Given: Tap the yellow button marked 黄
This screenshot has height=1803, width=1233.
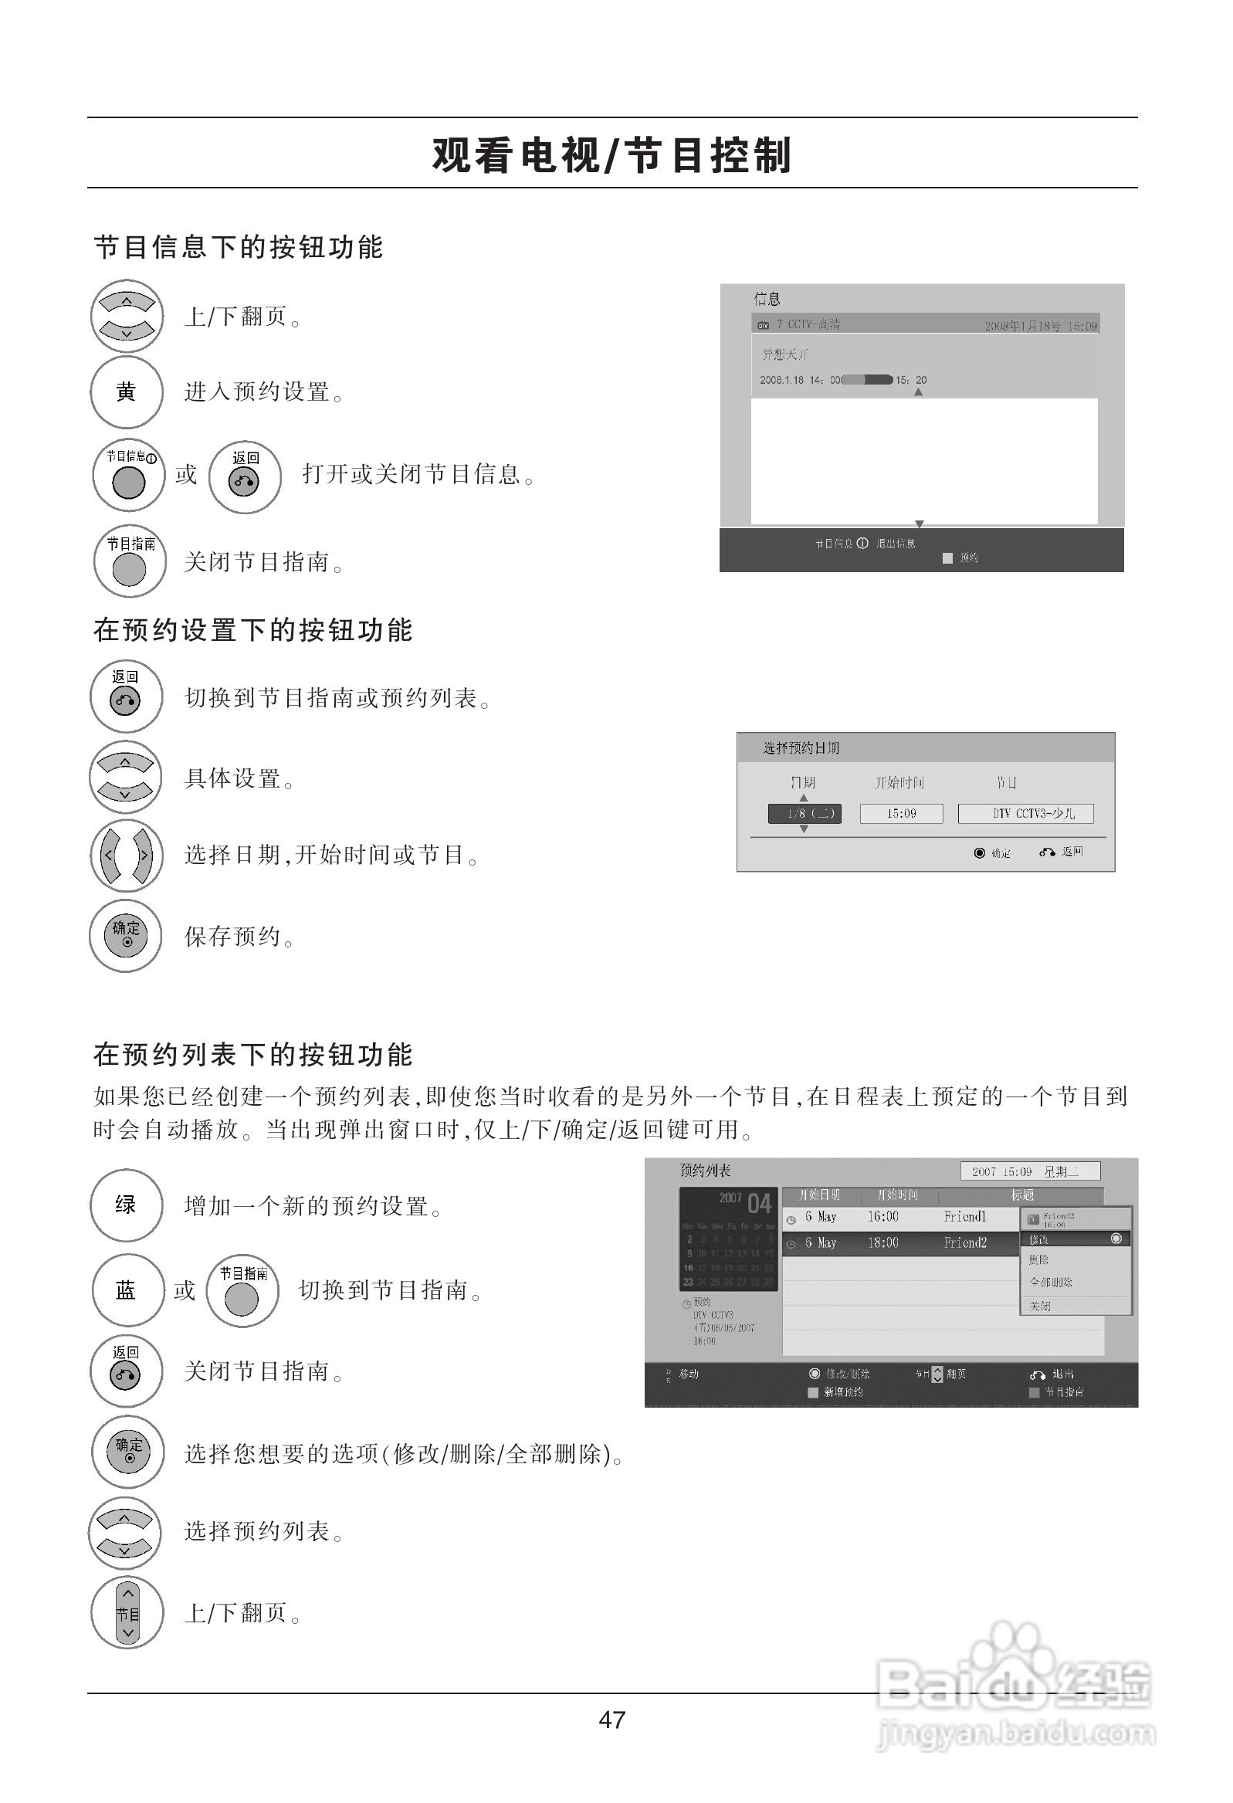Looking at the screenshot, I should pos(127,392).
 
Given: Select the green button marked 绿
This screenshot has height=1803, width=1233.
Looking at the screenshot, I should pos(127,1205).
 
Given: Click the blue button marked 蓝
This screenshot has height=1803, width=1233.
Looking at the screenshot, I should pos(127,1290).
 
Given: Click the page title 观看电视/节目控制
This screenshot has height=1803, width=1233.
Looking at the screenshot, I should pos(611,154).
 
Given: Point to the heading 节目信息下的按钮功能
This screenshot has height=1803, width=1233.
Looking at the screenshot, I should pos(239,248).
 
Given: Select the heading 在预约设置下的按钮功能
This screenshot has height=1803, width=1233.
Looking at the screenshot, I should pos(253,630).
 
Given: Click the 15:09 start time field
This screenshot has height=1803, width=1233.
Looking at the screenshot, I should pos(901,813).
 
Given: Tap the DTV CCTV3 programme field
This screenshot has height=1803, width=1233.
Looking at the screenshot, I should pos(1025,813).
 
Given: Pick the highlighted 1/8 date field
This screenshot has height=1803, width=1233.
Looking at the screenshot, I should pos(804,813).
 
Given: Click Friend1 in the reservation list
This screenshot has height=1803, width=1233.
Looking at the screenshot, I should pos(964,1216).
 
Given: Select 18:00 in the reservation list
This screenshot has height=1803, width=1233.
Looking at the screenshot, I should pos(882,1243).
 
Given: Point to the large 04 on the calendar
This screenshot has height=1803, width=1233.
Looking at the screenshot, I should pos(759,1203).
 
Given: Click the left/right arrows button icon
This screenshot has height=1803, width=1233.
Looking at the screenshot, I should pos(127,856).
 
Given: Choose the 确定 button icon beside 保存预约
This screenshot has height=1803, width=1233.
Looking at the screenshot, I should pos(127,935).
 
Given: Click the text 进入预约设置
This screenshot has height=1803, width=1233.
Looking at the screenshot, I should pos(263,392).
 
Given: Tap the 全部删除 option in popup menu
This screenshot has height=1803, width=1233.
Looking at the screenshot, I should pos(1051,1282).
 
